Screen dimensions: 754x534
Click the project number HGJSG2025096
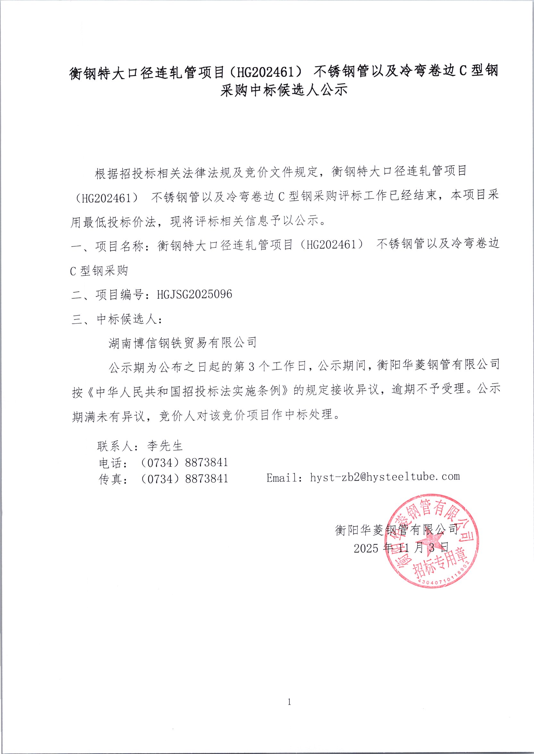[194, 294]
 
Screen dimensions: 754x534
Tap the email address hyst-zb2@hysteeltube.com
[385, 477]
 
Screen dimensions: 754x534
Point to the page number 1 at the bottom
[289, 702]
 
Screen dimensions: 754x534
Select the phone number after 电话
[184, 463]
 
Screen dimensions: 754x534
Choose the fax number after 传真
[184, 479]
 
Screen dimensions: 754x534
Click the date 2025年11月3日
[401, 548]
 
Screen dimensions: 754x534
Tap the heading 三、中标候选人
[116, 319]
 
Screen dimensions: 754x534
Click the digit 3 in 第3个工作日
[251, 366]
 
